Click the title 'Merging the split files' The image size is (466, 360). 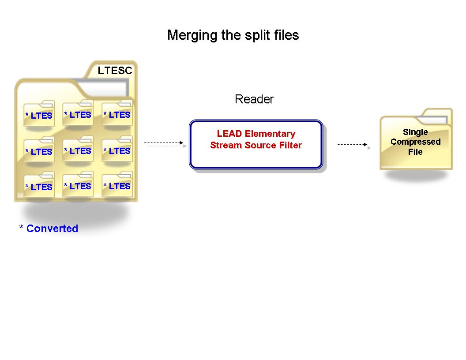click(x=233, y=35)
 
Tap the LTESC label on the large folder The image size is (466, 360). click(x=115, y=71)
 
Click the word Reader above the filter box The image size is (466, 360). click(x=254, y=99)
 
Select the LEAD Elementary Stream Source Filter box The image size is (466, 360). click(x=256, y=144)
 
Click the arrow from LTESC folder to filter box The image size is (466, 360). click(x=164, y=143)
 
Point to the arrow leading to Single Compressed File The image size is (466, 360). click(x=353, y=145)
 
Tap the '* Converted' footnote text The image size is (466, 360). click(x=49, y=229)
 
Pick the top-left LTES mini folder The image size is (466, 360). click(x=39, y=114)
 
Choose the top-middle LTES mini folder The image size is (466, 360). click(x=78, y=114)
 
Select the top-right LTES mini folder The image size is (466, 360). click(x=117, y=114)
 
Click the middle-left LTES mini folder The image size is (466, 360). click(x=39, y=150)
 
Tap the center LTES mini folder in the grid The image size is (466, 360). click(x=78, y=150)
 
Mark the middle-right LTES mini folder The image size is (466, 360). click(x=117, y=150)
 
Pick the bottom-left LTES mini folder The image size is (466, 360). click(x=39, y=186)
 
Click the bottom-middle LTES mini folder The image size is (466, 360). click(x=78, y=185)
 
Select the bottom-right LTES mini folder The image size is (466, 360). click(x=117, y=185)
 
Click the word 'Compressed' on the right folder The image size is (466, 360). click(x=416, y=142)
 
